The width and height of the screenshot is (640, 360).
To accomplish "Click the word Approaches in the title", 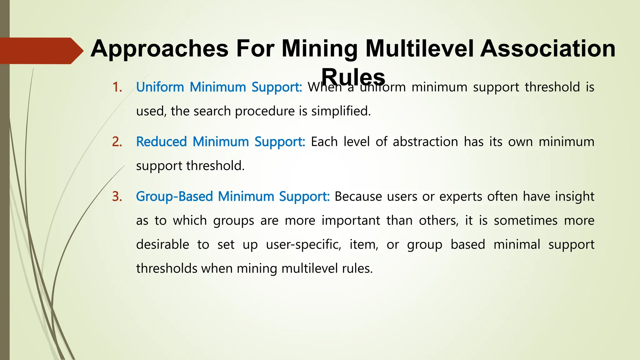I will tap(159, 49).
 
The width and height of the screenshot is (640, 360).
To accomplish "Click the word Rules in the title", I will tap(353, 77).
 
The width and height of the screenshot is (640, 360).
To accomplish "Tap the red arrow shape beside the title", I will tap(41, 51).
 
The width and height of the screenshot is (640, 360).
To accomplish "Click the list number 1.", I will tap(117, 87).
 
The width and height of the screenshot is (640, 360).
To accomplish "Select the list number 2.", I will tap(117, 142).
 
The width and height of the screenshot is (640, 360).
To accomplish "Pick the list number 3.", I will tap(117, 197).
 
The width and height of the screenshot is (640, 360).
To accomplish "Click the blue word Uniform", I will tap(160, 87).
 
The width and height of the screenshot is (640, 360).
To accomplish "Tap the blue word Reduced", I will tap(161, 142).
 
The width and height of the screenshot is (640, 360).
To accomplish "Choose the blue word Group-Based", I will tap(174, 197).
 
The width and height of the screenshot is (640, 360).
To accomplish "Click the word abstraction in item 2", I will tap(425, 142).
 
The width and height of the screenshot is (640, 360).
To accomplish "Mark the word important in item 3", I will tap(351, 221).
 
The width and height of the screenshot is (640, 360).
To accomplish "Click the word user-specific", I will tap(303, 244).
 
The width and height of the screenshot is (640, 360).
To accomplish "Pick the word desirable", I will tap(162, 244).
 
